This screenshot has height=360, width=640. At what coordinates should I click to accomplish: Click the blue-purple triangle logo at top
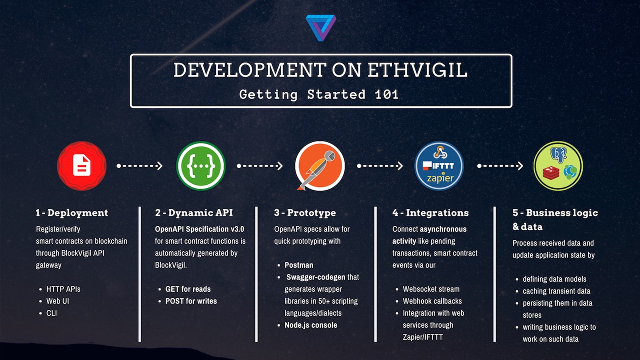tap(321, 27)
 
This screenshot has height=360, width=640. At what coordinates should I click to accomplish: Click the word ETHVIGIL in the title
tap(417, 69)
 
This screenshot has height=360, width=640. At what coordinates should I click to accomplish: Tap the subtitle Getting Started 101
tap(319, 94)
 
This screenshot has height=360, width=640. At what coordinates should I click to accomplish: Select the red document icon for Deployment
tap(82, 165)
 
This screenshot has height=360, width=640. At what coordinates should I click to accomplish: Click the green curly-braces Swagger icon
tap(201, 165)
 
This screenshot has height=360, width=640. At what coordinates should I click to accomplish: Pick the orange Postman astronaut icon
tap(319, 165)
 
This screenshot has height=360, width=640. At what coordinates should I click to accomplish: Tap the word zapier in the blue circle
tap(440, 178)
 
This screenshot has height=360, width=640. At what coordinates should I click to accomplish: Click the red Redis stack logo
tap(551, 173)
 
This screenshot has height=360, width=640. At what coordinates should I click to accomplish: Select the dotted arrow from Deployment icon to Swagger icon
tap(139, 165)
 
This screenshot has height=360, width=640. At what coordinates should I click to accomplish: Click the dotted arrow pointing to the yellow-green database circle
tap(500, 165)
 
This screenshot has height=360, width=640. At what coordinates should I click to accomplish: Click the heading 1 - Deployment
tap(71, 212)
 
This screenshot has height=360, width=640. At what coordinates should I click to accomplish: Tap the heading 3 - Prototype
tap(305, 213)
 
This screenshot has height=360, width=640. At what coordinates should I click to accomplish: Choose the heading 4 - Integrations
tap(430, 213)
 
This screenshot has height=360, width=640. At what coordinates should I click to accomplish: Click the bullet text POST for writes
tap(191, 301)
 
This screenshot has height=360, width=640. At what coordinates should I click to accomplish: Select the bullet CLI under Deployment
tap(51, 313)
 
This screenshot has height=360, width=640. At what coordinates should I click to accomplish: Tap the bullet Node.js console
tap(310, 325)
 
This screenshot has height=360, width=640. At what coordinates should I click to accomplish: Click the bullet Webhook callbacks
tap(432, 301)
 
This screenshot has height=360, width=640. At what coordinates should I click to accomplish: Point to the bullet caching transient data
tap(556, 291)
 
